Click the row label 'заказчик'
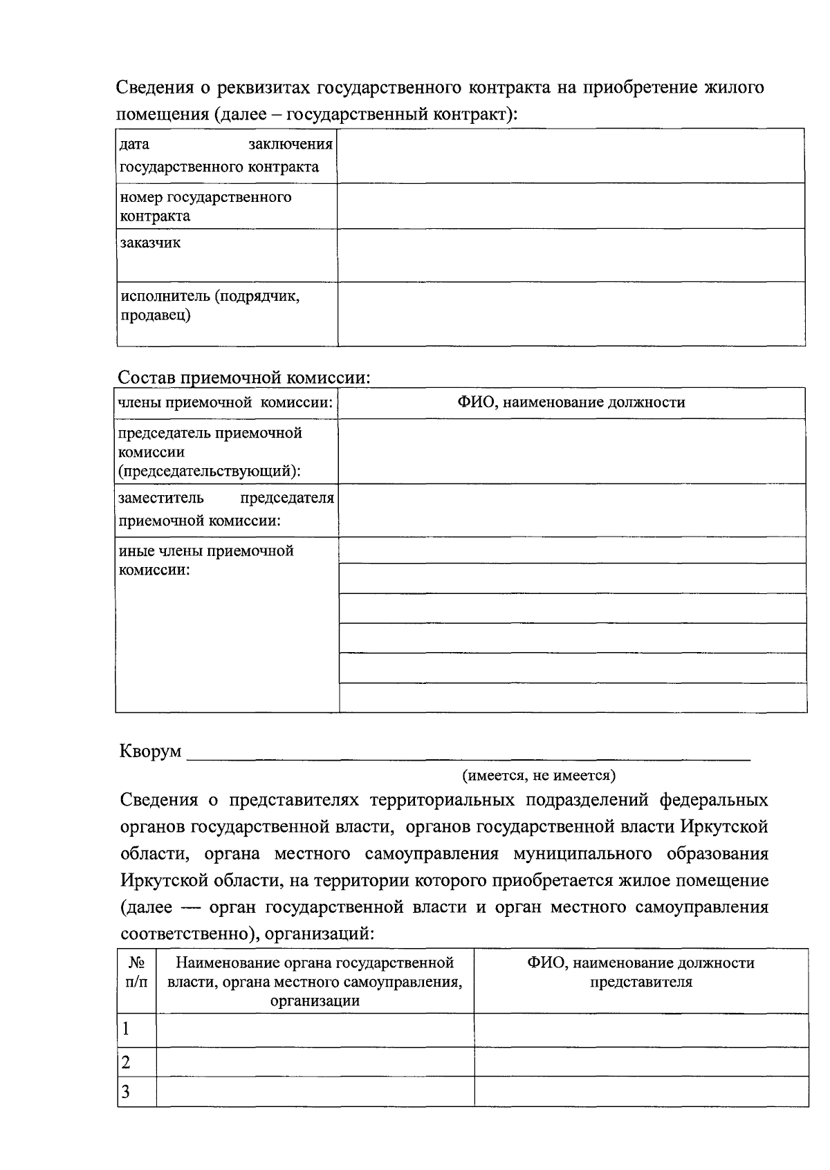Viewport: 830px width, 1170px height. coord(150,243)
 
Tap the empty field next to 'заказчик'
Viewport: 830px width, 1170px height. coord(571,254)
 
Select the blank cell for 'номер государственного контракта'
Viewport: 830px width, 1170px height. coord(571,205)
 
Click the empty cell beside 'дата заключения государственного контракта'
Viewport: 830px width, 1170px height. coord(571,156)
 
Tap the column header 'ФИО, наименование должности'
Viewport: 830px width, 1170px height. coord(571,402)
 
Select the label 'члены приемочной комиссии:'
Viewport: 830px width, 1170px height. coord(225,402)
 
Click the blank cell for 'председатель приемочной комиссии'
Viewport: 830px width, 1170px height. coord(571,451)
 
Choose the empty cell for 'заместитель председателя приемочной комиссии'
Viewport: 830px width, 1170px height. coord(571,510)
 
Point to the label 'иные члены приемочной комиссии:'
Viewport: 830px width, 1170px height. coord(206,560)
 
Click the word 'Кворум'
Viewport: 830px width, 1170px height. coord(151,751)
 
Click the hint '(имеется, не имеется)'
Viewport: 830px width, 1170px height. coord(539,775)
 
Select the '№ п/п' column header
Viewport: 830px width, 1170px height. coord(136,972)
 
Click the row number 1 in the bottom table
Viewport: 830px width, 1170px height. coord(126,1029)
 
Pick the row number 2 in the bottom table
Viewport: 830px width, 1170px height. coord(126,1062)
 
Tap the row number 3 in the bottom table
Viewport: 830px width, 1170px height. coord(126,1092)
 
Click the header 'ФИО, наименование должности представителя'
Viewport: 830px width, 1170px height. coord(640,972)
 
